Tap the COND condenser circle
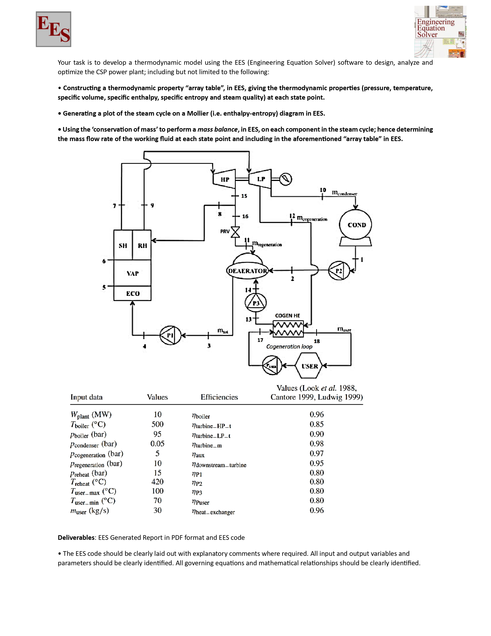pos(355,225)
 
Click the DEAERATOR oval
pos(247,271)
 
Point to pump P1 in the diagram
pos(170,335)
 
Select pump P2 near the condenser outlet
pos(339,271)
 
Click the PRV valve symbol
pos(235,232)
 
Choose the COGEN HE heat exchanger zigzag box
pos(288,329)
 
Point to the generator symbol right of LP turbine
pos(286,179)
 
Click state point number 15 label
pos(244,196)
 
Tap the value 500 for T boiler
pos(157,424)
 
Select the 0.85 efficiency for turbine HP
pos(317,424)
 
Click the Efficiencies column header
pos(219,397)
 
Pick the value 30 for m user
pos(157,510)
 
